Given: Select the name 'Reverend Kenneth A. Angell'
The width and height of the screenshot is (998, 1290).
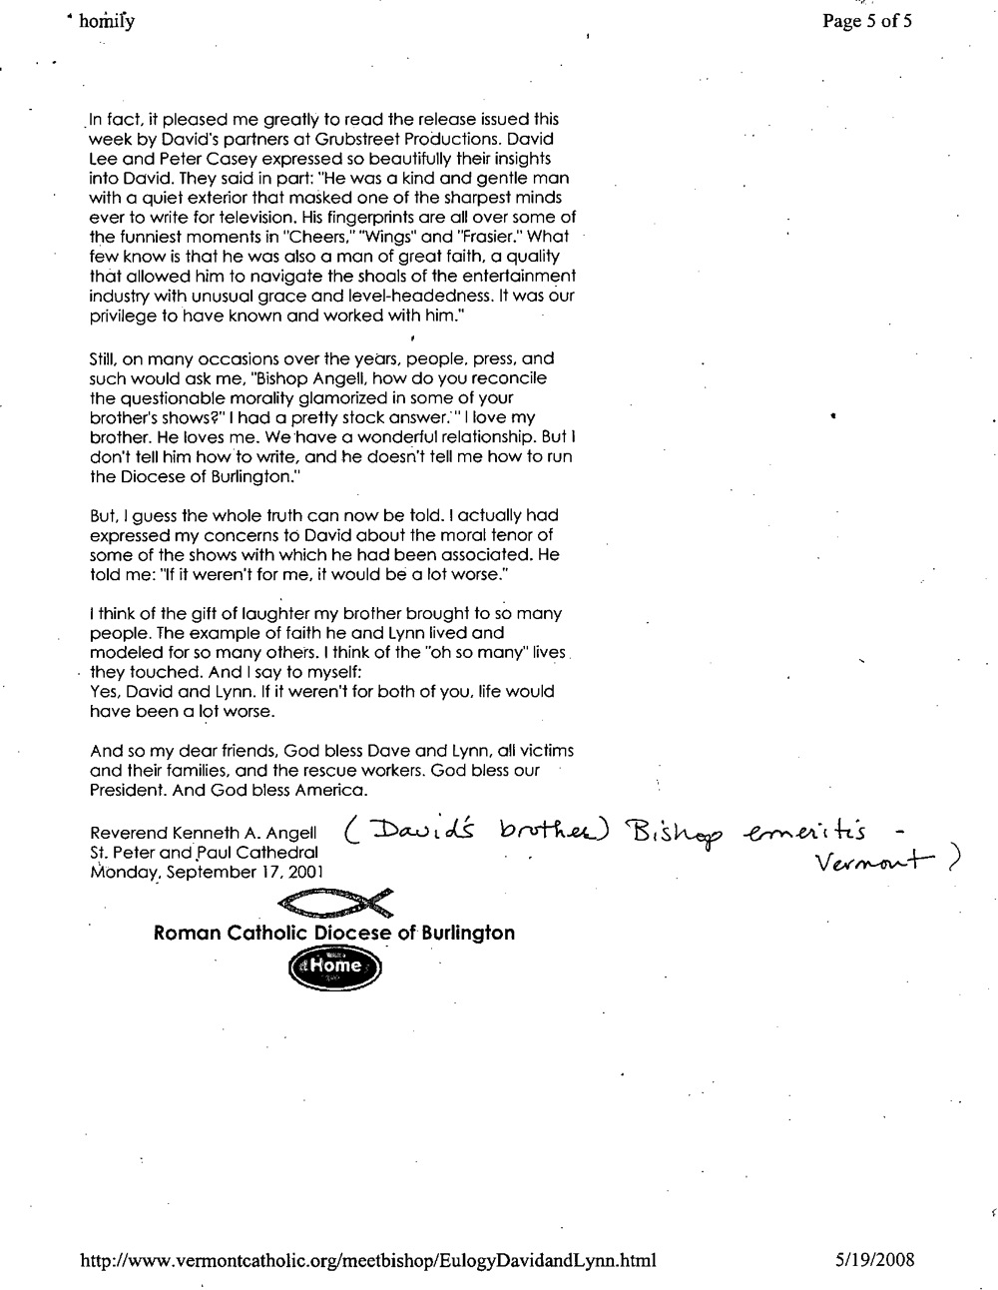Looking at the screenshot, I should coord(203,833).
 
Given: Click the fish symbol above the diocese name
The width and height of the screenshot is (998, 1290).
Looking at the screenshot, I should coord(334,904).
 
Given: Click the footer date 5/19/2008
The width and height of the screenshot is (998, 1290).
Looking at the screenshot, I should coord(874,1260).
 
